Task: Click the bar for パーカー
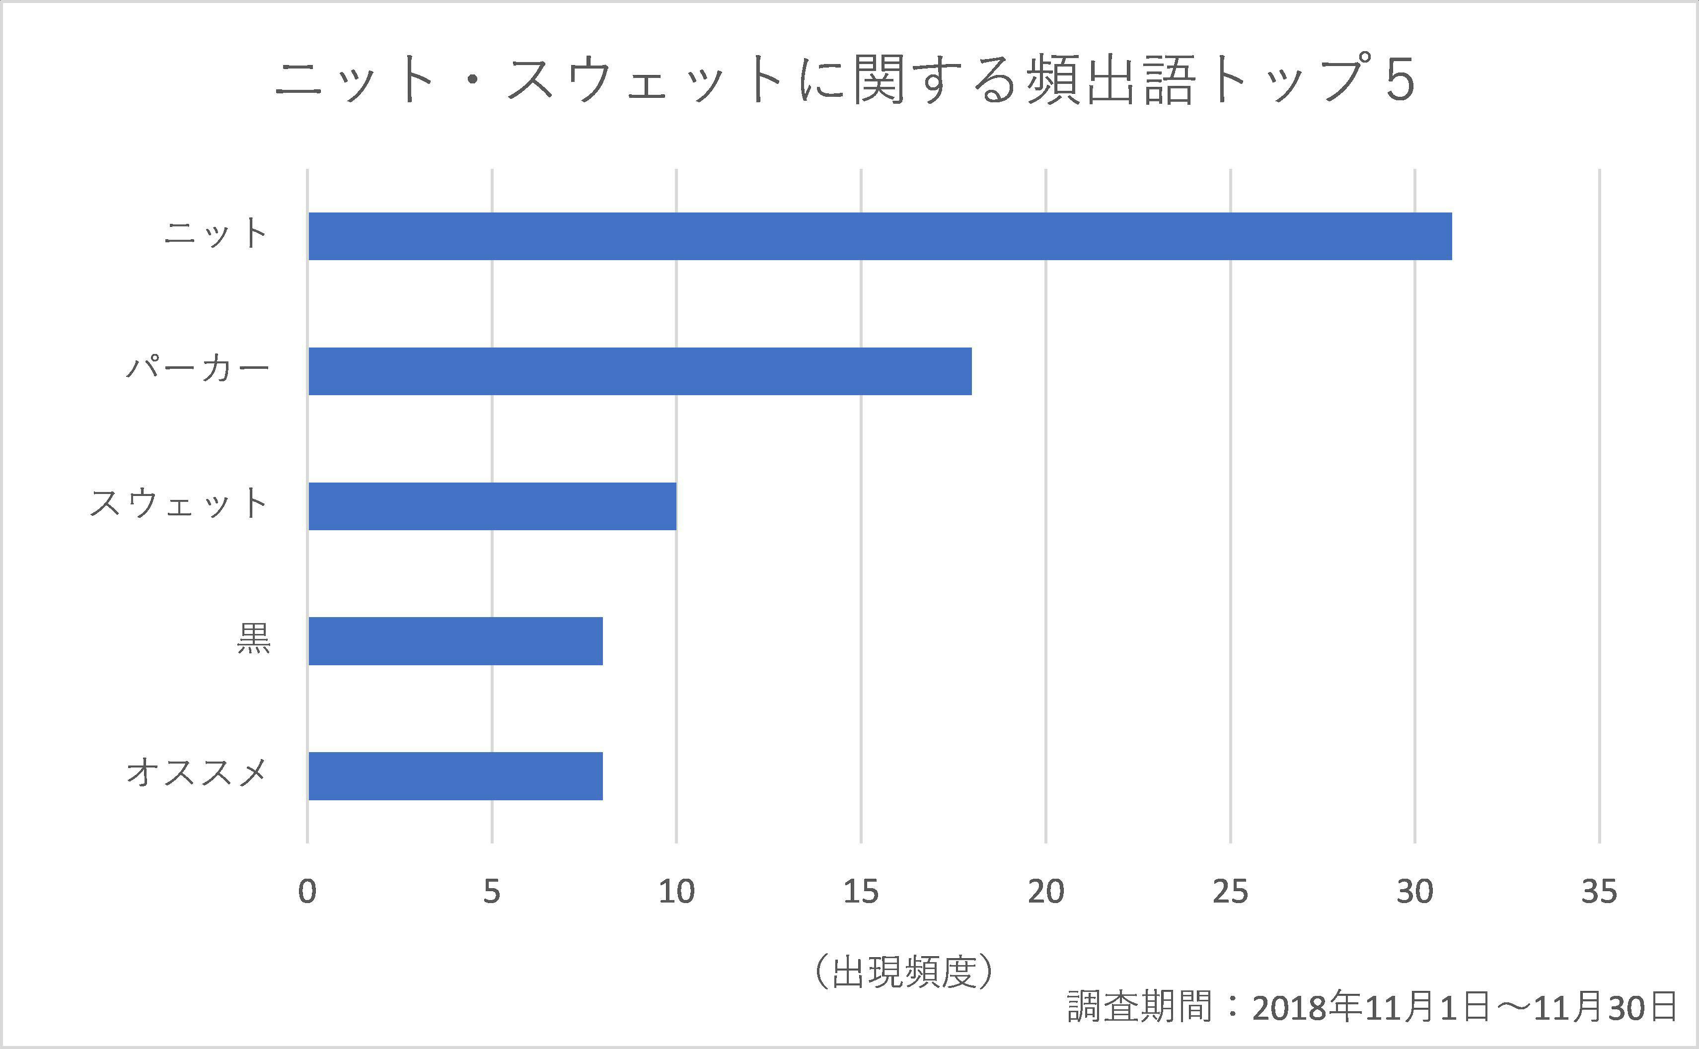(x=640, y=371)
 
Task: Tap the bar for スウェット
(x=492, y=506)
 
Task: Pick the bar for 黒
(x=455, y=641)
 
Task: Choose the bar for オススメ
(x=455, y=775)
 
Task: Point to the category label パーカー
(x=198, y=368)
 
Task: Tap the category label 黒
(x=253, y=638)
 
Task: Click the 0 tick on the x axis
(x=307, y=892)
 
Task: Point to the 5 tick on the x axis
(x=492, y=892)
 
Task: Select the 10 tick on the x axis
(x=677, y=892)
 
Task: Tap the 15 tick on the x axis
(x=861, y=892)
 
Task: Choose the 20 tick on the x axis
(x=1046, y=892)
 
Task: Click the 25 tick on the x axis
(x=1231, y=892)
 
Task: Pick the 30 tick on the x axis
(x=1415, y=892)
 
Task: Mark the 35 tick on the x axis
(x=1600, y=892)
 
